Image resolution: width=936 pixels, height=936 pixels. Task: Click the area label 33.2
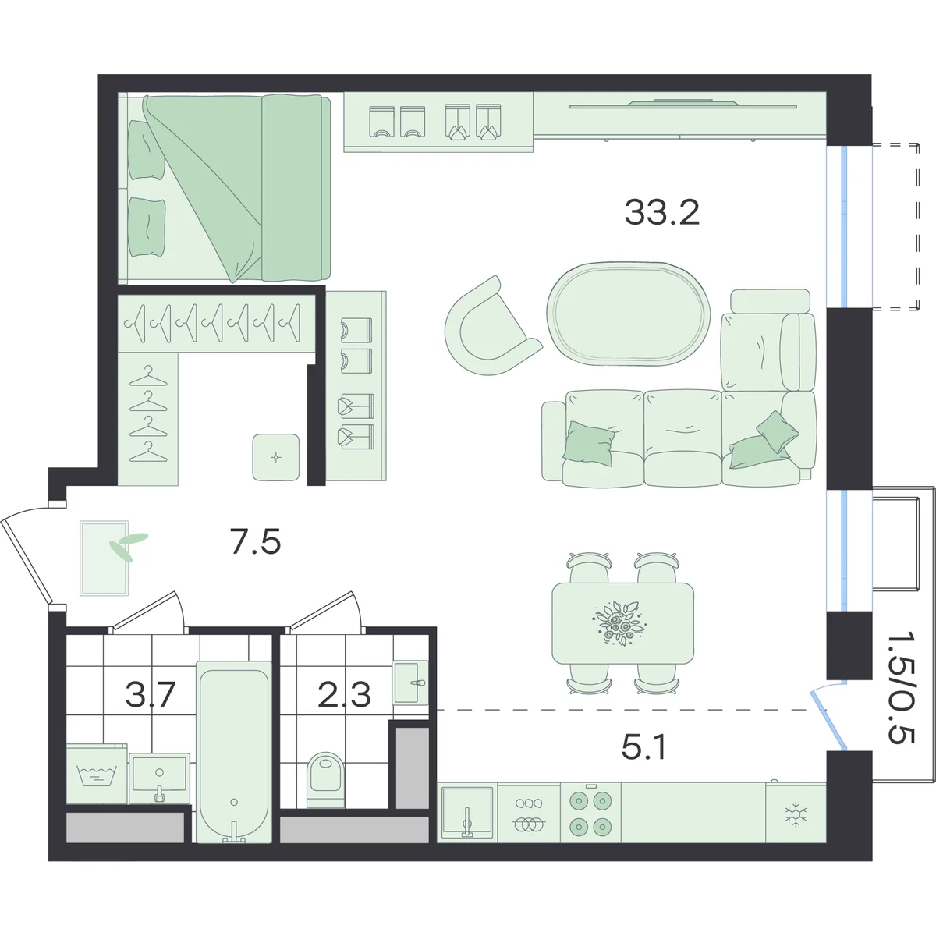click(x=661, y=213)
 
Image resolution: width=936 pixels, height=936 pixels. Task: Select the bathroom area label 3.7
click(x=150, y=695)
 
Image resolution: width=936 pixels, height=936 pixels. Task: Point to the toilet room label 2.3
click(x=345, y=695)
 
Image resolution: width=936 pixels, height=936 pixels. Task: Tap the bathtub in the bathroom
click(x=234, y=752)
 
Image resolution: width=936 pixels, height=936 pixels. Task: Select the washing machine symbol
click(x=97, y=775)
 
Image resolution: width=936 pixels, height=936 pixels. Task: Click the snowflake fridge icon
click(x=796, y=814)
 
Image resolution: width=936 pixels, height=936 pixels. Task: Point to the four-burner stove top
click(x=590, y=812)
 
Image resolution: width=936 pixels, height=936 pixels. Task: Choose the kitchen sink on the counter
click(x=466, y=813)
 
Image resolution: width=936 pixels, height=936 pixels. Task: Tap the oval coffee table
click(x=629, y=314)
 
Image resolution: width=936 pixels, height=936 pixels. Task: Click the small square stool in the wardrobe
click(x=276, y=457)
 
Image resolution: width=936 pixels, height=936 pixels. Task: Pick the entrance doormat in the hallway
click(x=105, y=558)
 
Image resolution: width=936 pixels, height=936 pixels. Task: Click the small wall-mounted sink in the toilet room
click(x=410, y=682)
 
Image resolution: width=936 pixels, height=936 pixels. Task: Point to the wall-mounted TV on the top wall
click(x=683, y=104)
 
